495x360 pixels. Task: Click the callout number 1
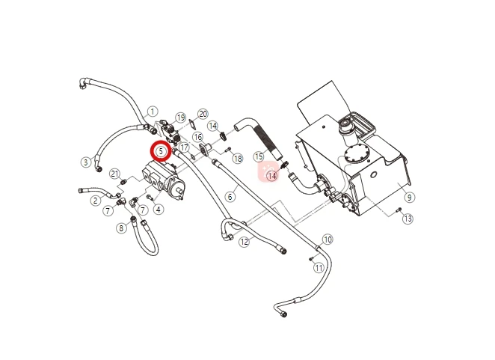point(153,112)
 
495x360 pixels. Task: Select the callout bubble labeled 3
point(86,162)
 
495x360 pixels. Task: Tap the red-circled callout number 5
point(161,151)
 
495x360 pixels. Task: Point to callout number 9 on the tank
point(410,198)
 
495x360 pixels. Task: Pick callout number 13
point(408,219)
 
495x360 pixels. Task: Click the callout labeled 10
point(328,240)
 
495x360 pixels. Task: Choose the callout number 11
point(319,268)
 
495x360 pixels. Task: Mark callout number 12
point(245,242)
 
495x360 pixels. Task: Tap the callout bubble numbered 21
point(115,174)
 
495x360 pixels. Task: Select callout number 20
point(203,114)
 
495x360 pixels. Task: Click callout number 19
point(180,118)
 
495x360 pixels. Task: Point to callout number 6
point(230,197)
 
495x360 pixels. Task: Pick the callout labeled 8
point(122,228)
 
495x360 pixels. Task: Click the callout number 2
point(96,201)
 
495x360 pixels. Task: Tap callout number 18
point(238,159)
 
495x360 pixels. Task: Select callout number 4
point(159,209)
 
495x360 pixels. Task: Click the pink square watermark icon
point(268,172)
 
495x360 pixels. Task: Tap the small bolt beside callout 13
point(399,210)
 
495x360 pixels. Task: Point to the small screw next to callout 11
point(311,259)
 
